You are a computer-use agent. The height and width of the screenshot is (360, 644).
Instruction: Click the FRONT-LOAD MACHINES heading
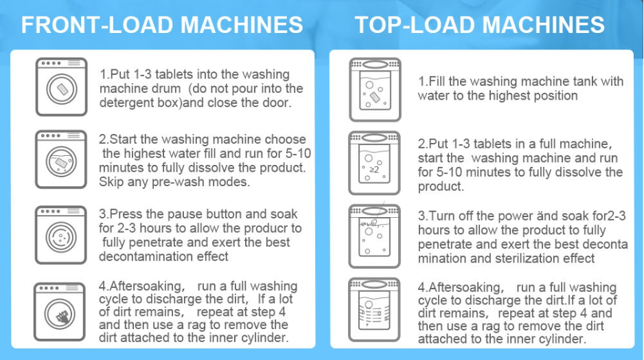pos(162,25)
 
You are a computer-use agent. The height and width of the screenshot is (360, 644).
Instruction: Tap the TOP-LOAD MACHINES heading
pos(480,25)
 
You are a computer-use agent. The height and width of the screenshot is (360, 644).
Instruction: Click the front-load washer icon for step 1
pos(62,87)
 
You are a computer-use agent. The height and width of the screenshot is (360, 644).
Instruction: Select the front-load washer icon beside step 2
pos(62,159)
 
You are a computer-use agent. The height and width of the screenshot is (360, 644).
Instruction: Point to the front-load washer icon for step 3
pos(62,235)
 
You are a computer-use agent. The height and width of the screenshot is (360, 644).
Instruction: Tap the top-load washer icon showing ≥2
pos(374,164)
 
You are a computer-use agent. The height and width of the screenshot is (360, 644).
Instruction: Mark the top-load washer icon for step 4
pos(374,310)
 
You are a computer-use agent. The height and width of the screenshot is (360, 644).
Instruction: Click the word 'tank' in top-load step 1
pos(586,81)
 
